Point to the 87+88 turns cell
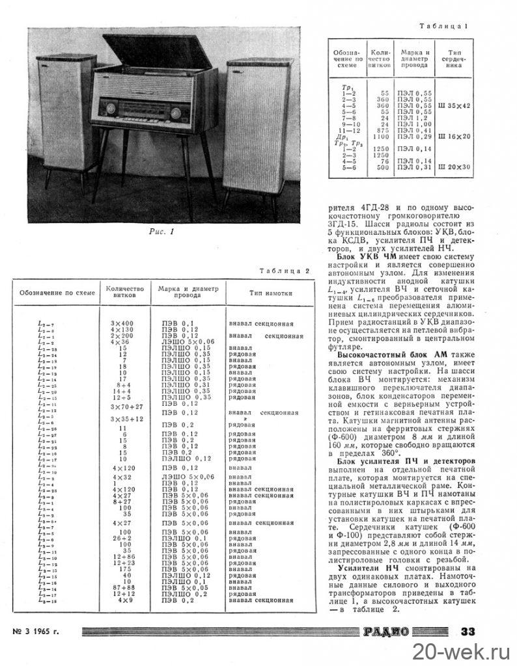(x=122, y=588)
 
